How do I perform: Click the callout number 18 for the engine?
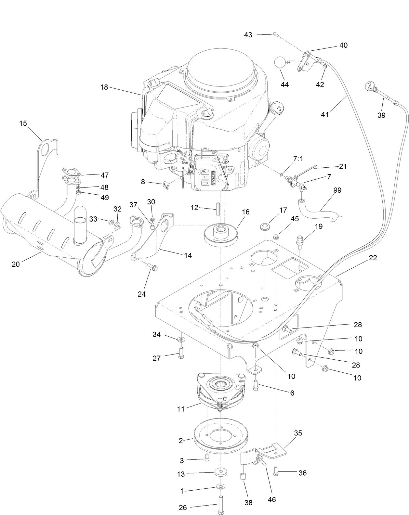point(104,87)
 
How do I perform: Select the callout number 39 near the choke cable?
point(381,115)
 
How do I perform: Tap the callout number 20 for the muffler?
point(16,264)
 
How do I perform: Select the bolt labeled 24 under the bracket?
point(153,268)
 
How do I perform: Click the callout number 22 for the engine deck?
point(373,258)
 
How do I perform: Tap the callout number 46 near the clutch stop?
point(271,499)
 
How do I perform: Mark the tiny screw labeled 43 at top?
point(275,33)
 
